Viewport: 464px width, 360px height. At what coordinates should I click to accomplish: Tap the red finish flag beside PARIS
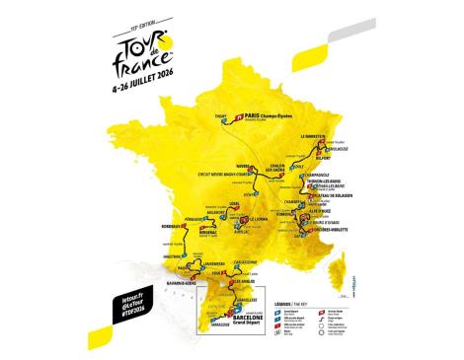(x=240, y=116)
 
